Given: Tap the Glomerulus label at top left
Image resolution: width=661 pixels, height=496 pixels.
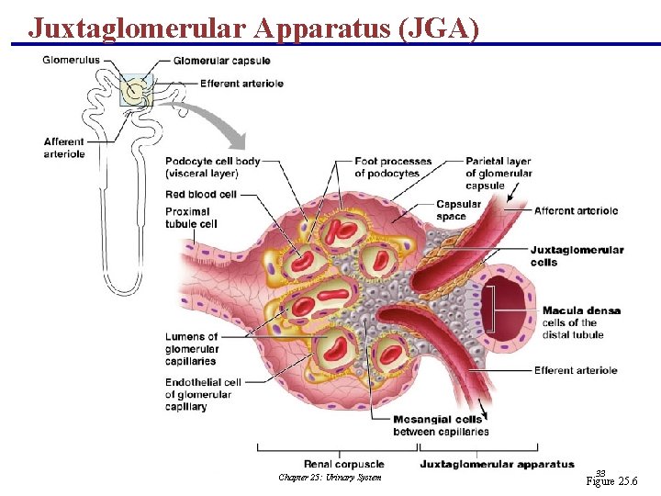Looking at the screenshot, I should click(72, 61).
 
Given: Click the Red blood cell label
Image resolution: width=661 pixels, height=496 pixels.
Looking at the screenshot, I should click(201, 194).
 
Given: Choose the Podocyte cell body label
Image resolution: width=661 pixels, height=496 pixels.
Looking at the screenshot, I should click(212, 167).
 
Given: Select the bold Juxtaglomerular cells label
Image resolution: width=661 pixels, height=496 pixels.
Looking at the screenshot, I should click(577, 255).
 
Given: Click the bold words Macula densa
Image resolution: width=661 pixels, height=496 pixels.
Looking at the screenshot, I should click(581, 310).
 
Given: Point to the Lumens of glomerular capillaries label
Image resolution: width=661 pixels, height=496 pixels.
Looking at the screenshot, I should click(192, 348).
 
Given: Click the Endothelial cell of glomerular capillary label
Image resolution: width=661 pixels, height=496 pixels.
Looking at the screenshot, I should click(203, 394).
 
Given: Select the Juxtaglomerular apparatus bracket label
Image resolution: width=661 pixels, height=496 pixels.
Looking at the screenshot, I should click(497, 464).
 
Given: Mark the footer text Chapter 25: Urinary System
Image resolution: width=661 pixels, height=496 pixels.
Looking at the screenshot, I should click(329, 477).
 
